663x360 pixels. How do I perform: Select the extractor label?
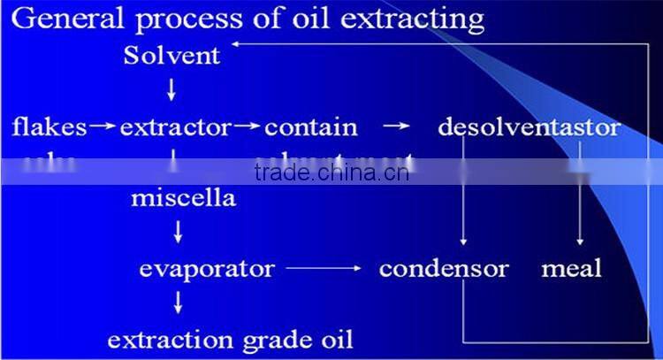pyautogui.click(x=175, y=127)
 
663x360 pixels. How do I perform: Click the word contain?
pyautogui.click(x=311, y=127)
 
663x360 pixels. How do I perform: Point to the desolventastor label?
pyautogui.click(x=529, y=127)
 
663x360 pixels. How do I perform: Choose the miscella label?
pyautogui.click(x=183, y=197)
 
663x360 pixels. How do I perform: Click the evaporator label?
pyautogui.click(x=207, y=268)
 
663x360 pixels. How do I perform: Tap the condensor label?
pyautogui.click(x=444, y=268)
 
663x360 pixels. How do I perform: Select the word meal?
pyautogui.click(x=571, y=268)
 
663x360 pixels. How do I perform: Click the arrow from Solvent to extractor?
pyautogui.click(x=171, y=88)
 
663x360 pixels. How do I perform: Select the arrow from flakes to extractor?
pyautogui.click(x=103, y=126)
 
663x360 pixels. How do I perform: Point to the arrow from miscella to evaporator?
pyautogui.click(x=179, y=232)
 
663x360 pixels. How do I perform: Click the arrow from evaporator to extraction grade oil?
pyautogui.click(x=179, y=303)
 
